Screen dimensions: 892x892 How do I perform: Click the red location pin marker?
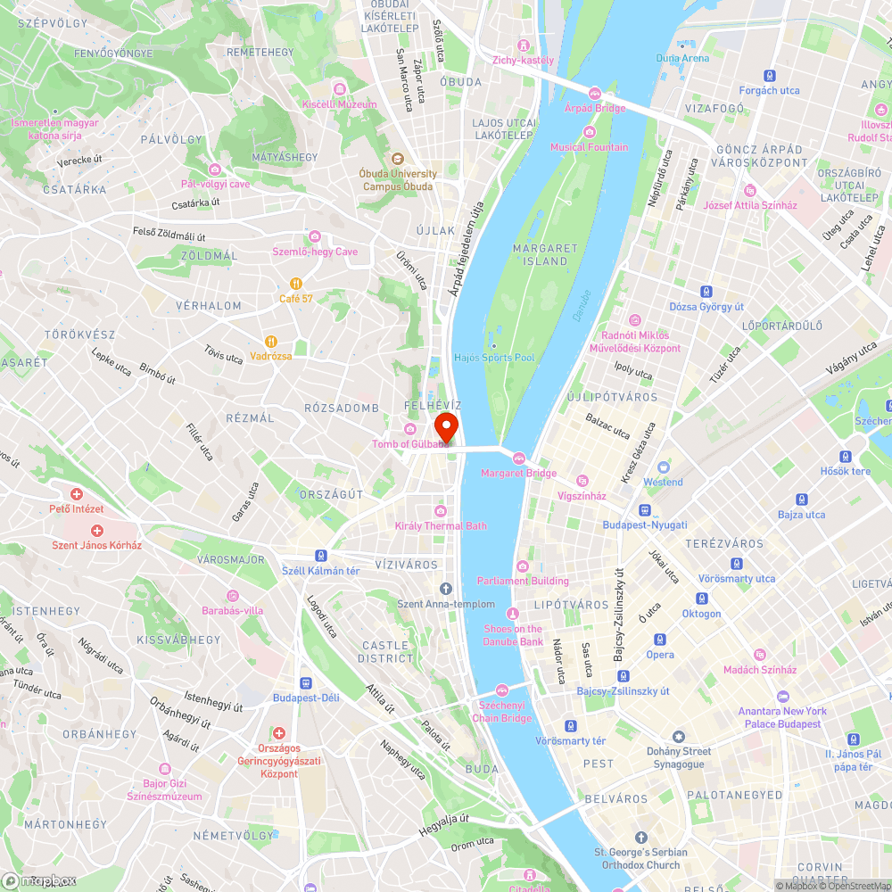(x=446, y=425)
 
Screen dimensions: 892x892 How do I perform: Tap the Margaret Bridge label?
(x=518, y=473)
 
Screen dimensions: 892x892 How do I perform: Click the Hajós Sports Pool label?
(x=494, y=357)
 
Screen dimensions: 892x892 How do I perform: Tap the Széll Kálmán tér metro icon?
(x=320, y=555)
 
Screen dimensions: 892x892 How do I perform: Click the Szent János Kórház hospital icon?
(x=96, y=530)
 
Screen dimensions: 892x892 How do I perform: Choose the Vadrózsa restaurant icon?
(x=270, y=341)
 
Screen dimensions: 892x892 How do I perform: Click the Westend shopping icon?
(x=663, y=467)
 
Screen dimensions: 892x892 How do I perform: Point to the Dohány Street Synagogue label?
(x=679, y=757)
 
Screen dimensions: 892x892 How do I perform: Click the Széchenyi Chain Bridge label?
(x=501, y=711)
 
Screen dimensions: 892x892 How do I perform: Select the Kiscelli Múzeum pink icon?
(x=339, y=89)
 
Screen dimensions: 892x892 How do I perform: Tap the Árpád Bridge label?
(x=595, y=107)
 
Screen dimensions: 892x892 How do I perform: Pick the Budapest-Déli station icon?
(x=305, y=682)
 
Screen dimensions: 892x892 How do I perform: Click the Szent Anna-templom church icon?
(x=446, y=589)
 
